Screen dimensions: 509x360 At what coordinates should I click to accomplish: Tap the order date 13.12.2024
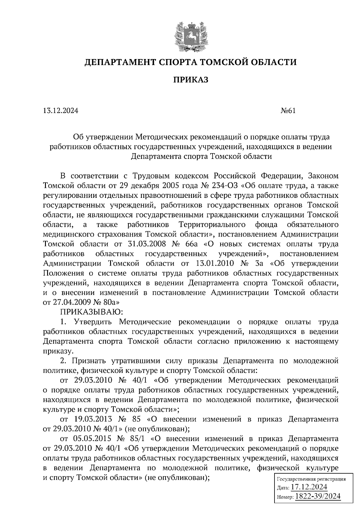(x=61, y=111)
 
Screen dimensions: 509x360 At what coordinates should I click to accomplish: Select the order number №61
(x=287, y=111)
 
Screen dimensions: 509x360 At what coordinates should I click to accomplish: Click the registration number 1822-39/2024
(x=318, y=496)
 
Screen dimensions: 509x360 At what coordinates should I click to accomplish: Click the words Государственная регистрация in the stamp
(x=311, y=479)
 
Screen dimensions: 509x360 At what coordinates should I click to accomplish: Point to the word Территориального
(x=212, y=225)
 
